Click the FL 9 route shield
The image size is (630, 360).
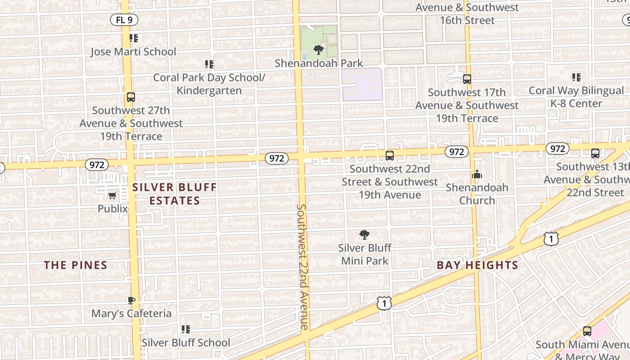(124, 20)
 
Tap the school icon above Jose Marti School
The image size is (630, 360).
(133, 38)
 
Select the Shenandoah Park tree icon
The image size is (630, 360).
(319, 49)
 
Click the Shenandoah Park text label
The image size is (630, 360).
(319, 63)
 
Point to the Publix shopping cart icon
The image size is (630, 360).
(112, 195)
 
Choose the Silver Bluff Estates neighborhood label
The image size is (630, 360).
(175, 194)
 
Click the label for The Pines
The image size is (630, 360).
(76, 265)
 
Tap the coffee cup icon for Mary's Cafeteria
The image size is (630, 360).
(131, 300)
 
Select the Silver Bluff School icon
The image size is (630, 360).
(185, 329)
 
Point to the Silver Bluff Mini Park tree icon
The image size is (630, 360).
(364, 234)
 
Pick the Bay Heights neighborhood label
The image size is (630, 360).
(477, 265)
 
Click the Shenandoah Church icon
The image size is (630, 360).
(477, 174)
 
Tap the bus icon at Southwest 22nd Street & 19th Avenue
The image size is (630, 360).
(390, 156)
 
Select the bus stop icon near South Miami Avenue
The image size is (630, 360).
(587, 332)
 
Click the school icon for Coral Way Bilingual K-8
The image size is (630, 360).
(576, 77)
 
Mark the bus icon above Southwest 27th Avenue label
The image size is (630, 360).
(131, 97)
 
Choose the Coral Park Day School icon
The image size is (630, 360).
(209, 64)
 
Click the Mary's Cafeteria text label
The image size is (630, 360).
(131, 313)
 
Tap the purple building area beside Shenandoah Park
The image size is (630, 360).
(362, 84)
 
